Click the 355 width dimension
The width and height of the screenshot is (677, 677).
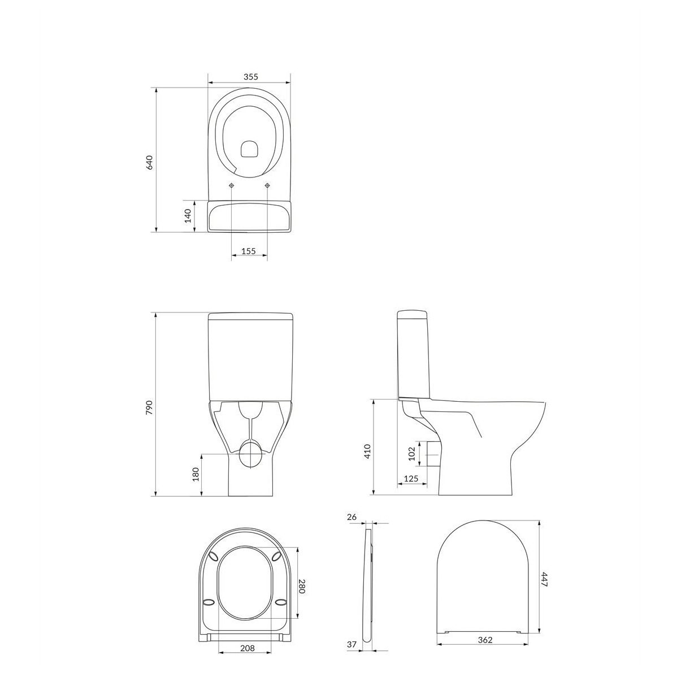click(x=250, y=77)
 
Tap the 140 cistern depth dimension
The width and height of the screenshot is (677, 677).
click(x=188, y=216)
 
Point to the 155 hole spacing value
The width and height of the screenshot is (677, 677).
click(x=249, y=251)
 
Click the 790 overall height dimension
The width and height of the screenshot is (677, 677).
click(x=149, y=407)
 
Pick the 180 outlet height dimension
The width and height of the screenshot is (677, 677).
click(x=196, y=475)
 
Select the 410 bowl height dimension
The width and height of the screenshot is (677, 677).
click(x=367, y=451)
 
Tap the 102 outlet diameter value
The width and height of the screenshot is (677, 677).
click(x=411, y=454)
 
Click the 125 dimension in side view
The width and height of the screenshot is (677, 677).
click(x=411, y=479)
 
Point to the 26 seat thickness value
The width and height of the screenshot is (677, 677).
click(x=352, y=517)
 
